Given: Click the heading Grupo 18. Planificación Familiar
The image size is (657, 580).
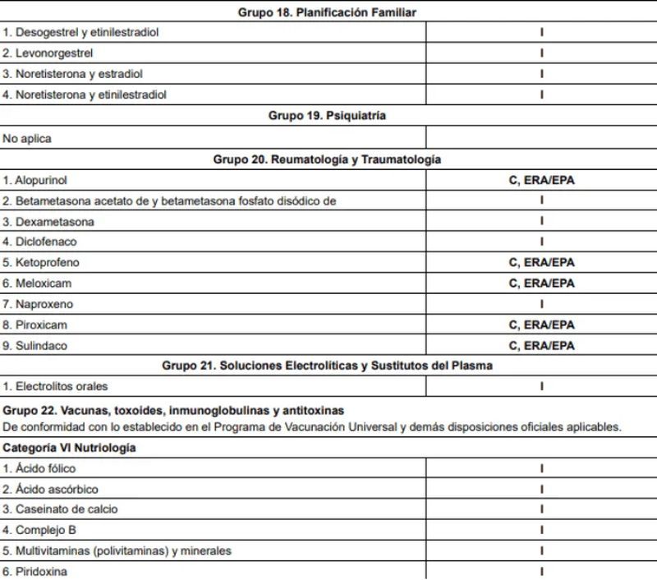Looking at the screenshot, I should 327,12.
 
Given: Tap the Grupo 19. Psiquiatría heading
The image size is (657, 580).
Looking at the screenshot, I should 327,117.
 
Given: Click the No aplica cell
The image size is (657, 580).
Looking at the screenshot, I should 27,139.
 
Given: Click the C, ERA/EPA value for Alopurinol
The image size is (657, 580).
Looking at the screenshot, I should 541,180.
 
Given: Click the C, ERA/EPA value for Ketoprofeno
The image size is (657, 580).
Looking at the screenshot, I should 541,263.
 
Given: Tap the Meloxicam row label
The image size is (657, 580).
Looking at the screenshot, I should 43,283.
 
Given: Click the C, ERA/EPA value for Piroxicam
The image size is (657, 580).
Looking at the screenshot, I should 541,325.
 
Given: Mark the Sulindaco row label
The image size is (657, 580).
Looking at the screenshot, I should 41,346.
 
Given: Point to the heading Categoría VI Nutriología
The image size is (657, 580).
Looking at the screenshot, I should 70,448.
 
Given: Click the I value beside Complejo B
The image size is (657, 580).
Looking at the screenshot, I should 541,530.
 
